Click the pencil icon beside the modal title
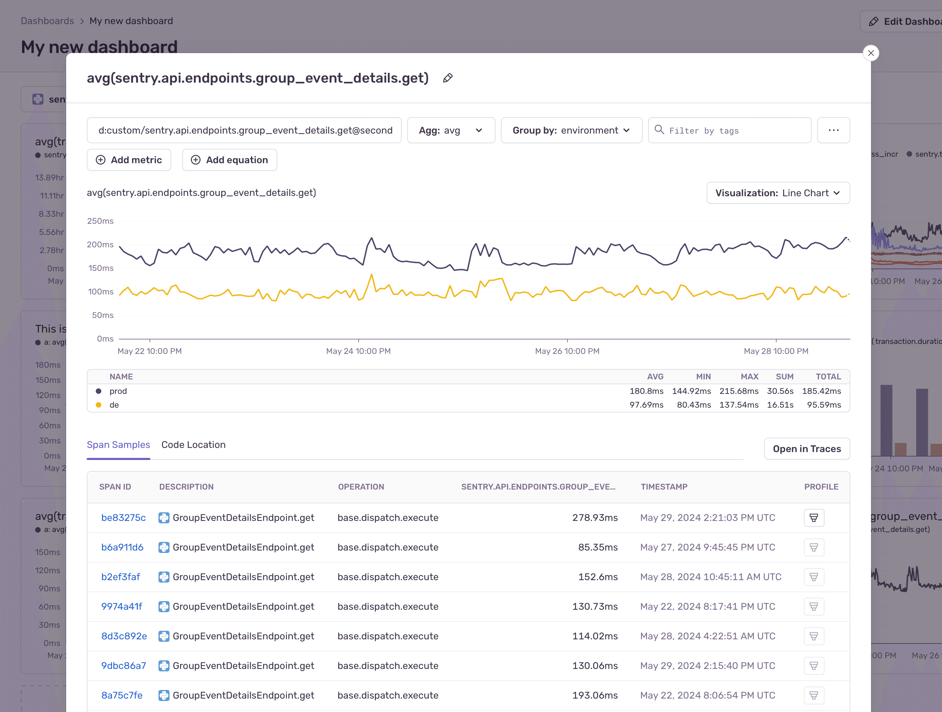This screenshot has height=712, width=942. click(x=448, y=78)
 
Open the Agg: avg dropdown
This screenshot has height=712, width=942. click(x=451, y=130)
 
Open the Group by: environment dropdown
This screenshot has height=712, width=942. click(x=571, y=130)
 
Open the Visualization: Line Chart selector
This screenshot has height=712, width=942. click(x=778, y=193)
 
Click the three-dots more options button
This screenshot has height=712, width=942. click(x=833, y=130)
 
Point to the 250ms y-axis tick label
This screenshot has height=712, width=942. click(x=101, y=221)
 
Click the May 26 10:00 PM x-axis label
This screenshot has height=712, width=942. click(x=567, y=351)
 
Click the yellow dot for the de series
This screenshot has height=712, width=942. click(x=99, y=405)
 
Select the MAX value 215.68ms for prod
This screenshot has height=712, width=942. click(x=738, y=391)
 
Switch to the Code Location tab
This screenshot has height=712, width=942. click(x=193, y=445)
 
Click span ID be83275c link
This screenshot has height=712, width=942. click(x=123, y=517)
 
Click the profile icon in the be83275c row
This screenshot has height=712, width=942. click(x=813, y=517)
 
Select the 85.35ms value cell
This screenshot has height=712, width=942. click(x=597, y=547)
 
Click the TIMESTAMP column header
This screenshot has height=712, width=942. click(x=664, y=487)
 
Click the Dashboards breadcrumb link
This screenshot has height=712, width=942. click(x=47, y=21)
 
